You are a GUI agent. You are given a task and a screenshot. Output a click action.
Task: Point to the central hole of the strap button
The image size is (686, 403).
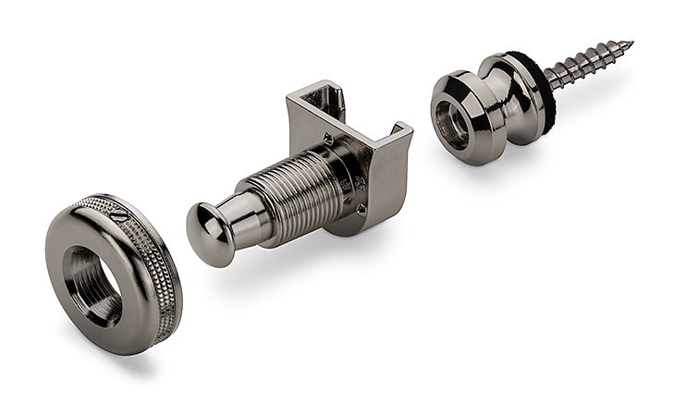click(452, 123)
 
